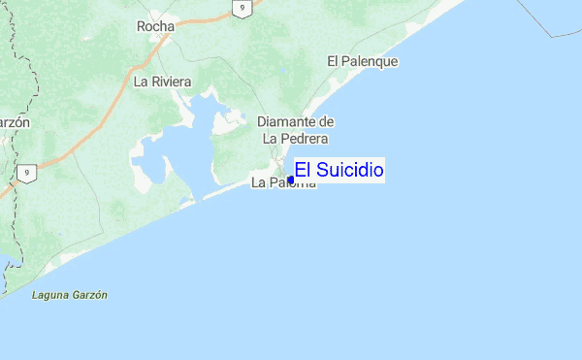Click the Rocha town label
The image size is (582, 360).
pyautogui.click(x=155, y=26)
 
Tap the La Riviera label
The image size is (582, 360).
pyautogui.click(x=162, y=82)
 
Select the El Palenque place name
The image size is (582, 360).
pyautogui.click(x=362, y=61)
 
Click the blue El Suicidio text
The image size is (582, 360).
pyautogui.click(x=339, y=171)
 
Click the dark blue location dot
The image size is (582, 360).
pyautogui.click(x=291, y=179)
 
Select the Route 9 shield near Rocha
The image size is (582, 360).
pyautogui.click(x=243, y=8)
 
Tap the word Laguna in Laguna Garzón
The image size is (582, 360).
pyautogui.click(x=49, y=294)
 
